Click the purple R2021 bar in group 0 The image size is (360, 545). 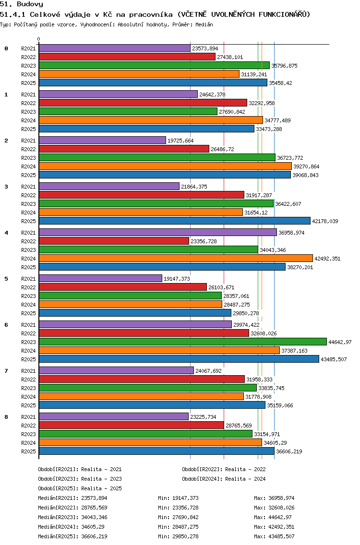(114, 48)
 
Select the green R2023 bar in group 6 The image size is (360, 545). (182, 342)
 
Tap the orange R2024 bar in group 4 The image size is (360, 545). (176, 258)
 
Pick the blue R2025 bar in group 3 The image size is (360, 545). (175, 221)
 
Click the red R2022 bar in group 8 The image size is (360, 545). (132, 425)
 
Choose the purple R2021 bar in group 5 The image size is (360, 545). (100, 278)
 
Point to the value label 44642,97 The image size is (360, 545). (340, 342)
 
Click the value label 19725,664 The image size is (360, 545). (180, 141)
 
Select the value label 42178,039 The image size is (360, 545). (325, 221)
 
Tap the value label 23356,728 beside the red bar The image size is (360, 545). (204, 241)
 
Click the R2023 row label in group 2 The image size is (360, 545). (28, 158)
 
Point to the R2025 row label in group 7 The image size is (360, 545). (28, 405)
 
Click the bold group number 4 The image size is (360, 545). (6, 233)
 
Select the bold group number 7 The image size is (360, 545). (6, 371)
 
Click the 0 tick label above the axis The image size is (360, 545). (38, 39)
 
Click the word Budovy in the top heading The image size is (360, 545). (30, 4)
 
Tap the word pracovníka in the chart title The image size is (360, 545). (151, 14)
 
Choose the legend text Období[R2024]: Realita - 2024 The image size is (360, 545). (224, 479)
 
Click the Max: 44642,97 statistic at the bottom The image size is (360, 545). (274, 517)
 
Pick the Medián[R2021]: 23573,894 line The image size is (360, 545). (72, 498)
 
